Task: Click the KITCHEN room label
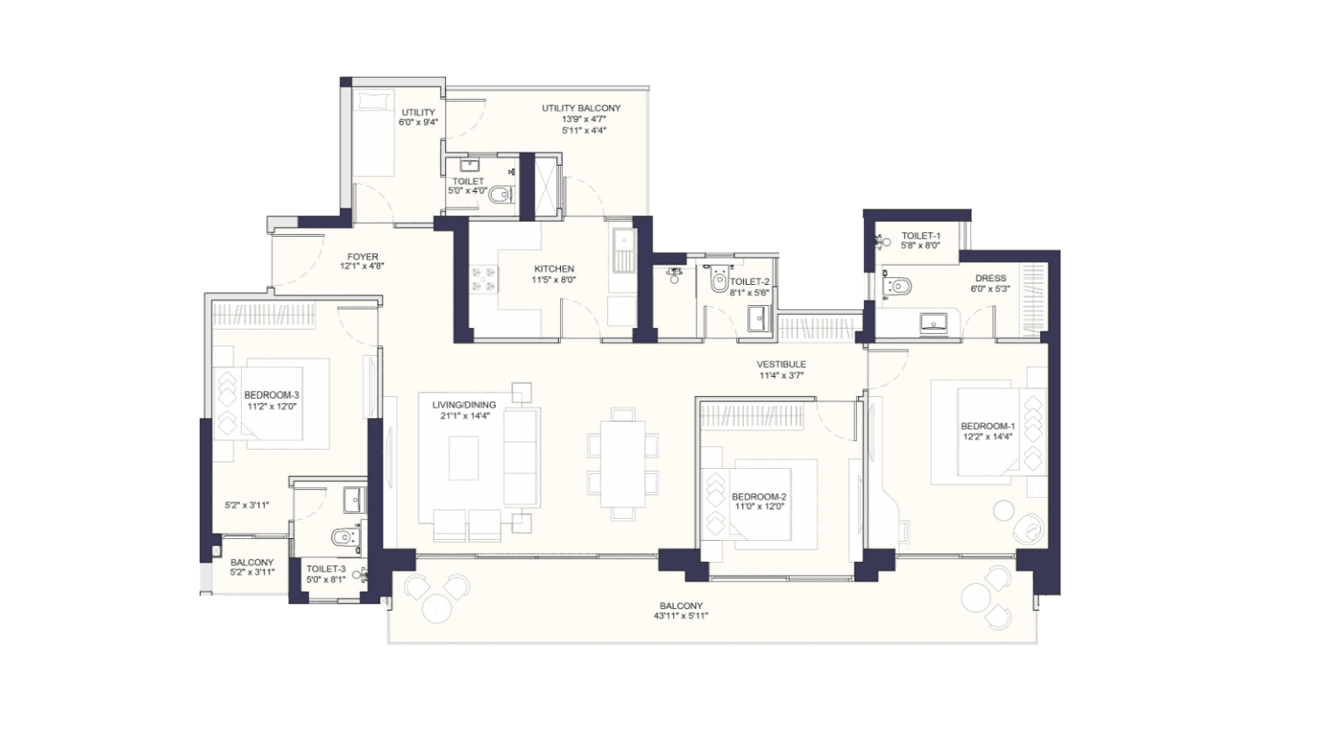click(554, 269)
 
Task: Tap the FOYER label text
click(362, 257)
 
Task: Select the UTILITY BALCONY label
click(581, 109)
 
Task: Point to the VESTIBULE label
click(781, 365)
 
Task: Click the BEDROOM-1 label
click(988, 426)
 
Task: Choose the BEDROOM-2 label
click(758, 496)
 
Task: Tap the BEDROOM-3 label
click(272, 394)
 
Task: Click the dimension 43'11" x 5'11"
click(681, 616)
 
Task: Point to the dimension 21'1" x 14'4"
click(464, 416)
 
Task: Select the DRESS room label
click(991, 278)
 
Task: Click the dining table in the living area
click(622, 464)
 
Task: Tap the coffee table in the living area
click(464, 458)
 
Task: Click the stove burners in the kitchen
click(483, 280)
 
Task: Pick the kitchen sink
click(623, 251)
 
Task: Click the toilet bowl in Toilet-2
click(719, 279)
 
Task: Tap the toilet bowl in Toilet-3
click(344, 537)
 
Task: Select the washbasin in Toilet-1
click(933, 323)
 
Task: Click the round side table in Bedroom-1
click(1003, 511)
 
